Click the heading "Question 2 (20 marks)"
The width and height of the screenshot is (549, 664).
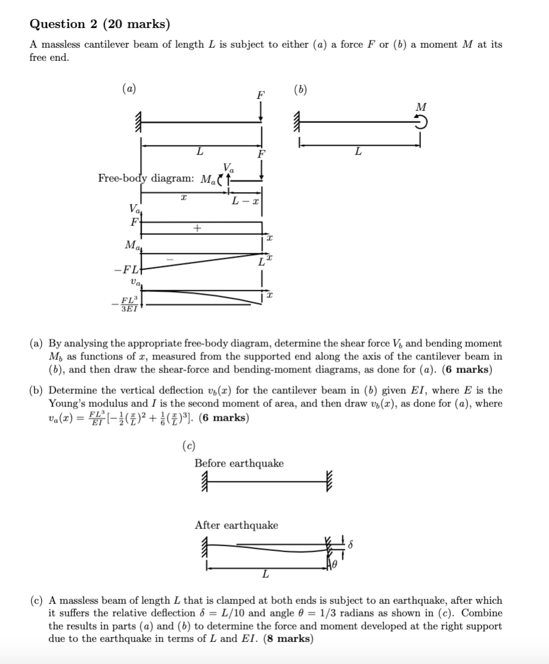[x=99, y=24]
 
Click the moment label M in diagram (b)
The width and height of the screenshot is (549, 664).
[x=421, y=107]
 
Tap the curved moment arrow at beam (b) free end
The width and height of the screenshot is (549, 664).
[x=422, y=121]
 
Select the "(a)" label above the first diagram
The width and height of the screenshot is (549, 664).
[x=129, y=89]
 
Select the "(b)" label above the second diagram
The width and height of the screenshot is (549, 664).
[x=301, y=89]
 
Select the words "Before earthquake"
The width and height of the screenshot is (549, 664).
[x=239, y=463]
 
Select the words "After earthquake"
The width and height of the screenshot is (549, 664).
[x=236, y=525]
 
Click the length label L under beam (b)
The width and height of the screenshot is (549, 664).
[x=357, y=152]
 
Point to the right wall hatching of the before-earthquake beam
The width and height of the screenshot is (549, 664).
[x=329, y=480]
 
